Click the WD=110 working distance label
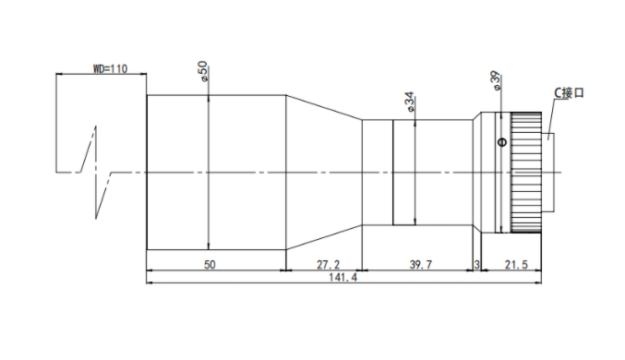pyautogui.click(x=111, y=69)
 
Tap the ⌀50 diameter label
pyautogui.click(x=203, y=71)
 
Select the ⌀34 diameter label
pyautogui.click(x=410, y=102)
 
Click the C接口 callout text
pyautogui.click(x=570, y=93)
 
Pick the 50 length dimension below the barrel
pyautogui.click(x=210, y=265)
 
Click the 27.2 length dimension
pyautogui.click(x=328, y=265)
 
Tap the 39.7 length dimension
pyautogui.click(x=421, y=265)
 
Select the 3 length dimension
pyautogui.click(x=476, y=265)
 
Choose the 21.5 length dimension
pyautogui.click(x=516, y=265)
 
